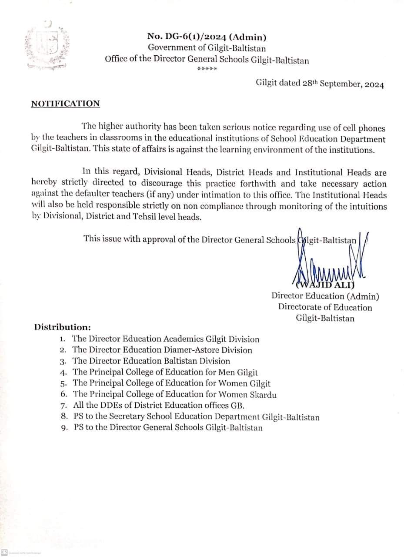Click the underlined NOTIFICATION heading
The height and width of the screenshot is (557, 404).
click(65, 104)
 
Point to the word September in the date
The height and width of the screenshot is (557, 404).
click(340, 84)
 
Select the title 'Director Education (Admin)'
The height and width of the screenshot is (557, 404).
click(325, 296)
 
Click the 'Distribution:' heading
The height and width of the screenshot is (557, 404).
click(63, 327)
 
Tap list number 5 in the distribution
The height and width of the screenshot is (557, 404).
click(63, 384)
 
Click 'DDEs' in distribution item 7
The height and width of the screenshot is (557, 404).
click(113, 406)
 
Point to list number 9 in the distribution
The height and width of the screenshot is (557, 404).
click(64, 428)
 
